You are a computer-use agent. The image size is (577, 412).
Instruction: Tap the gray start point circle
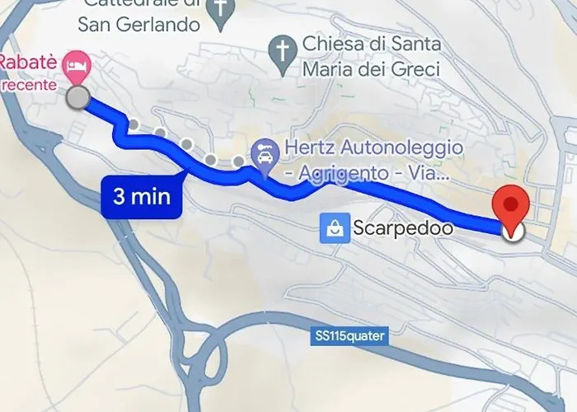pos(77,98)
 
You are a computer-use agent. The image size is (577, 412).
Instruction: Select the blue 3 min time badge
pos(142,196)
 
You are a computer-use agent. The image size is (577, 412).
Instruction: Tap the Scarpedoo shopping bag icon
pos(335,227)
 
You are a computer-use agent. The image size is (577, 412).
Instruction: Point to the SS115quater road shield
pos(349,336)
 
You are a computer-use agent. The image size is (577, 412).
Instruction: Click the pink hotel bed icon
pos(80,63)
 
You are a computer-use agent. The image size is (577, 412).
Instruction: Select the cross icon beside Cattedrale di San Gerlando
pos(220,9)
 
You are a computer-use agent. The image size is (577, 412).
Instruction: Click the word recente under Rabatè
pos(28,83)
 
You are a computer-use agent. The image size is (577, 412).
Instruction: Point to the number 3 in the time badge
pos(119,196)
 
